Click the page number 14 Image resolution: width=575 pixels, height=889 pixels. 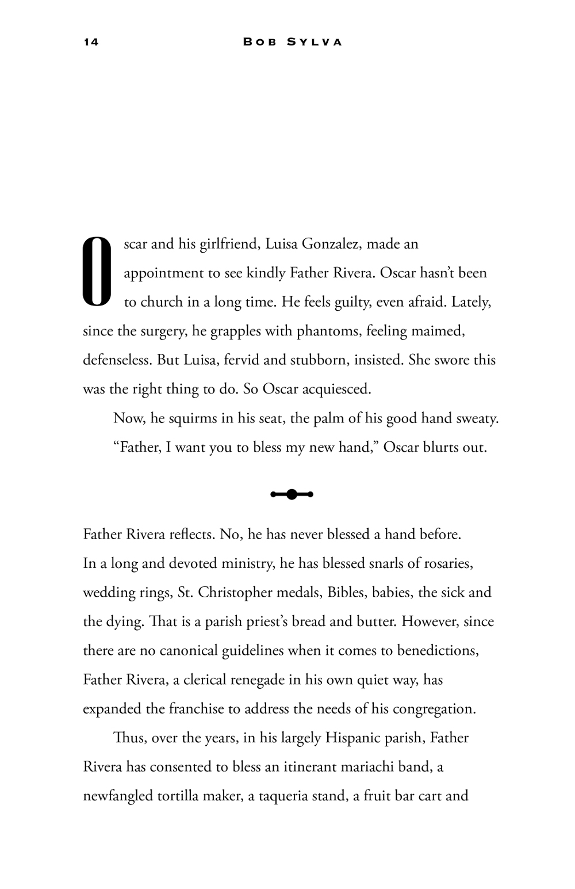click(x=91, y=42)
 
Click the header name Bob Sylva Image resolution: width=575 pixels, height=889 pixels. click(x=293, y=42)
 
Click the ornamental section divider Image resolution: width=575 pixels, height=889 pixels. click(x=292, y=494)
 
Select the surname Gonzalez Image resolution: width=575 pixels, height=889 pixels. click(x=331, y=244)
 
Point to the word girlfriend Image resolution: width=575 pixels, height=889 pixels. click(x=228, y=244)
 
